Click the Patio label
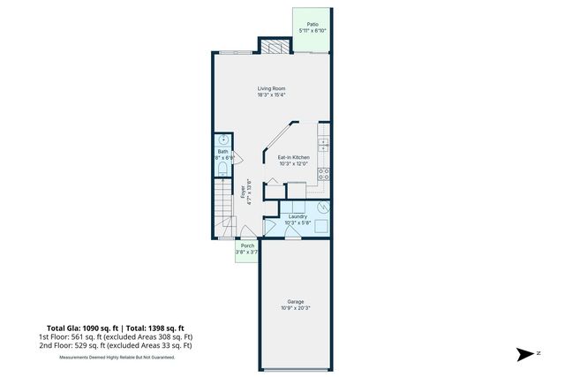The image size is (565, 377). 313,24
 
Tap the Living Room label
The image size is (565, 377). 271,88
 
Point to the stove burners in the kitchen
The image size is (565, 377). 324,172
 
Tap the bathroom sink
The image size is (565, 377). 223,140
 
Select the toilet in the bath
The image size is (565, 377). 222,169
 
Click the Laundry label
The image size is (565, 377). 298,216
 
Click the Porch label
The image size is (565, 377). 247,246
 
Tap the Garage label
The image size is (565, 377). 295,301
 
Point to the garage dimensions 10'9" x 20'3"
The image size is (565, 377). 295,308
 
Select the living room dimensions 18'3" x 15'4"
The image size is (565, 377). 271,95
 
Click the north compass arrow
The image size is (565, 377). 525,352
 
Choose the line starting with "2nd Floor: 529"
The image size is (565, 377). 115,345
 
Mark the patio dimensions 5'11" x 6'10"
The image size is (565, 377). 313,31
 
